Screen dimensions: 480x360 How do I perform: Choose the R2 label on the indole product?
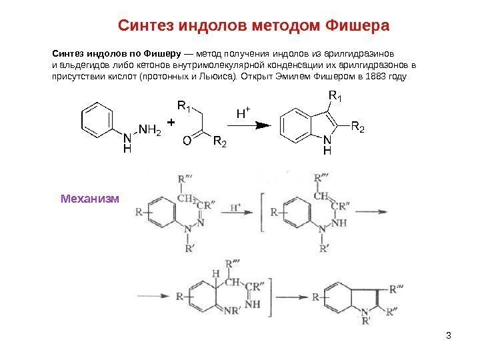click(358, 126)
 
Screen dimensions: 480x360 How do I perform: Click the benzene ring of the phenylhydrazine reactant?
click(99, 122)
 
